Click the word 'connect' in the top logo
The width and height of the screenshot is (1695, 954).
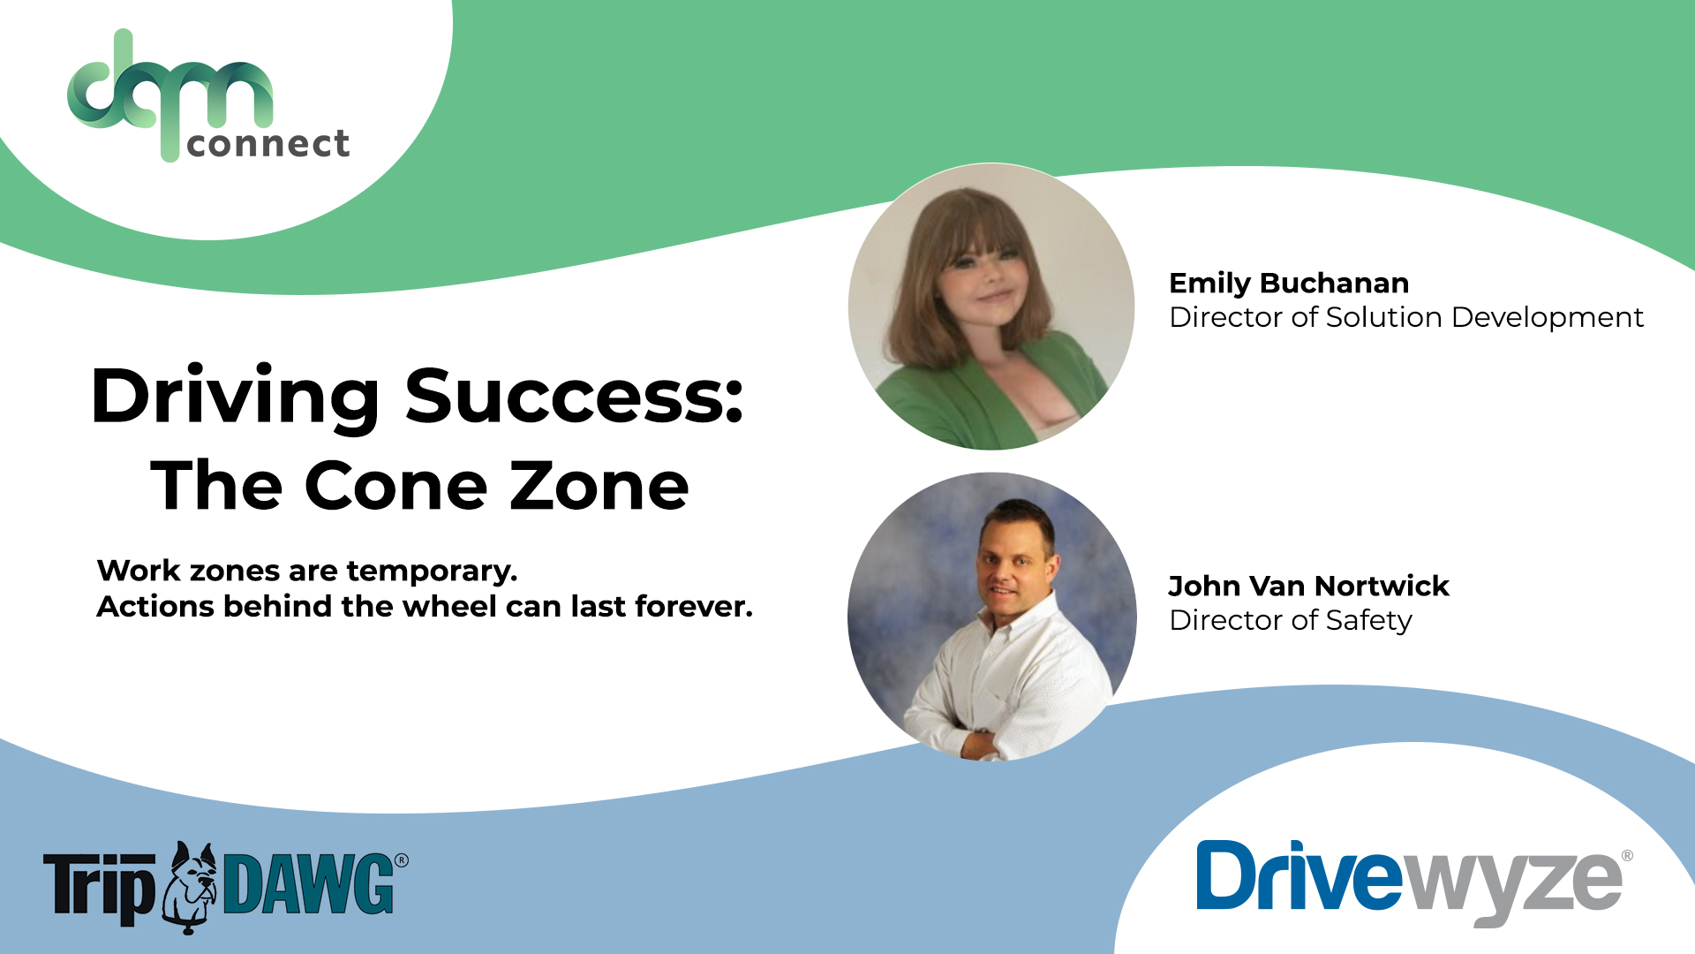(x=267, y=144)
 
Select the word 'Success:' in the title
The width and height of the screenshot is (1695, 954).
(x=575, y=396)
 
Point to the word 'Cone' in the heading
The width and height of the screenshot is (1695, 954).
(x=396, y=486)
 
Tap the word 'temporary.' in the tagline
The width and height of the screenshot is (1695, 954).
(x=432, y=572)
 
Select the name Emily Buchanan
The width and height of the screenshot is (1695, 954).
(x=1288, y=284)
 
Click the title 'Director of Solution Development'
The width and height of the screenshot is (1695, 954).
(x=1405, y=318)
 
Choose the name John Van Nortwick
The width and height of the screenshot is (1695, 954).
(x=1308, y=587)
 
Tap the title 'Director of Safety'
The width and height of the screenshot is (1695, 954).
(x=1290, y=621)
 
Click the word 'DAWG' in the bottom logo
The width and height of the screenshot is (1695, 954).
(x=309, y=883)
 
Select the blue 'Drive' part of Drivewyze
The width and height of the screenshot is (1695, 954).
(x=1298, y=876)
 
